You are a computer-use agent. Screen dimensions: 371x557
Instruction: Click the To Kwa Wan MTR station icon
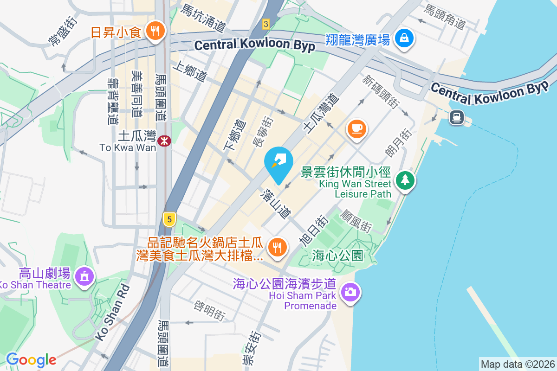164,141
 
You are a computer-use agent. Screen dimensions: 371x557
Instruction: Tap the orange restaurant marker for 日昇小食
153,31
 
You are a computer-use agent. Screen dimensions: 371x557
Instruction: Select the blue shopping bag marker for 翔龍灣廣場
404,38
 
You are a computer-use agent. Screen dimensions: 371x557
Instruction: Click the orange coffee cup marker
356,128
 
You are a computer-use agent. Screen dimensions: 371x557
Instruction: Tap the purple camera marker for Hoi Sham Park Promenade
350,292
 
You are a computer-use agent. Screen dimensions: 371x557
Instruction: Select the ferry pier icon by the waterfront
456,117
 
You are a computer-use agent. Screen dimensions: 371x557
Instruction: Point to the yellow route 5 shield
169,219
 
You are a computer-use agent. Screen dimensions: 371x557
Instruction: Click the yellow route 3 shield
266,24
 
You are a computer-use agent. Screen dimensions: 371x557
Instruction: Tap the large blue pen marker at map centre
278,162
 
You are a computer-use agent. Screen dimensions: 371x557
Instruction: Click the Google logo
31,360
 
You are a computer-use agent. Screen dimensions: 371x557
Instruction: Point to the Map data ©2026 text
517,364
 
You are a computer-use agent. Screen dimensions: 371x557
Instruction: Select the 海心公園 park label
337,256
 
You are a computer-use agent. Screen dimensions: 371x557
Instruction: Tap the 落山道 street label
277,204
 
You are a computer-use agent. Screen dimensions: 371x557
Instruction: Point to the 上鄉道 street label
189,73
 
